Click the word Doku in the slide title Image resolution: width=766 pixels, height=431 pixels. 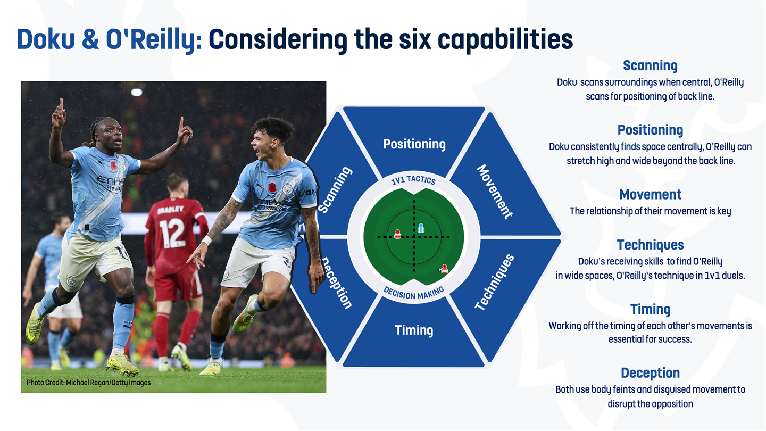(46, 39)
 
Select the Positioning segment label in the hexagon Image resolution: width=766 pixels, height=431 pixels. (414, 144)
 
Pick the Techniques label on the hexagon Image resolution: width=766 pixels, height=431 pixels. (495, 283)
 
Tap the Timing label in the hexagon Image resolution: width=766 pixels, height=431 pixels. (414, 330)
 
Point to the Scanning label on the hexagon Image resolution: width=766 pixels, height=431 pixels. (335, 190)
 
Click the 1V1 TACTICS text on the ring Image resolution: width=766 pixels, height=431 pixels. (413, 180)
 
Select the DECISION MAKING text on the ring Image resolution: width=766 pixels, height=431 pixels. (413, 293)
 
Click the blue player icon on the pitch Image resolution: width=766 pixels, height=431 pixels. (421, 228)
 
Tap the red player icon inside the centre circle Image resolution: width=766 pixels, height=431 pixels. (397, 234)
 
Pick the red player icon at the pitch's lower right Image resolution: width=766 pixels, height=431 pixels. (444, 269)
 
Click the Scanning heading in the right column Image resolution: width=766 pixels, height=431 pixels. (650, 65)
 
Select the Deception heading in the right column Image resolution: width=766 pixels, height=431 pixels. (650, 373)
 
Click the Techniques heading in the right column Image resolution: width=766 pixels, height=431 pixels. (650, 245)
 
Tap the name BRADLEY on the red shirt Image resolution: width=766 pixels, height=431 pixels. (171, 209)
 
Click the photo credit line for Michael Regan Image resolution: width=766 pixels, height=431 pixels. (88, 383)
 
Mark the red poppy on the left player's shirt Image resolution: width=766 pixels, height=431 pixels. (113, 166)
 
